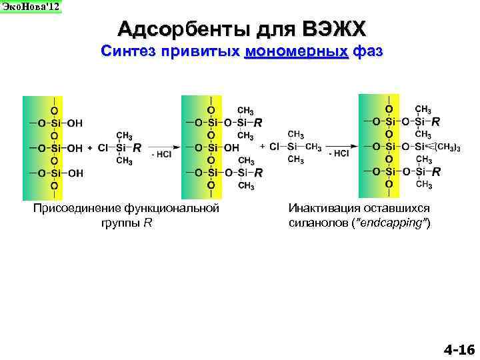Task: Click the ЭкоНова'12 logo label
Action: [30, 7]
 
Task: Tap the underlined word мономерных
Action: [297, 51]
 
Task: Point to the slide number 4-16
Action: [458, 349]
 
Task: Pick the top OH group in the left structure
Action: [75, 123]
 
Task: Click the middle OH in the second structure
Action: [231, 147]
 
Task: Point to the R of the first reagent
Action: [137, 148]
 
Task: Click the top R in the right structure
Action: [435, 122]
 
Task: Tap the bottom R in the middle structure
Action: [258, 173]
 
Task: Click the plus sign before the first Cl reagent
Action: [89, 148]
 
